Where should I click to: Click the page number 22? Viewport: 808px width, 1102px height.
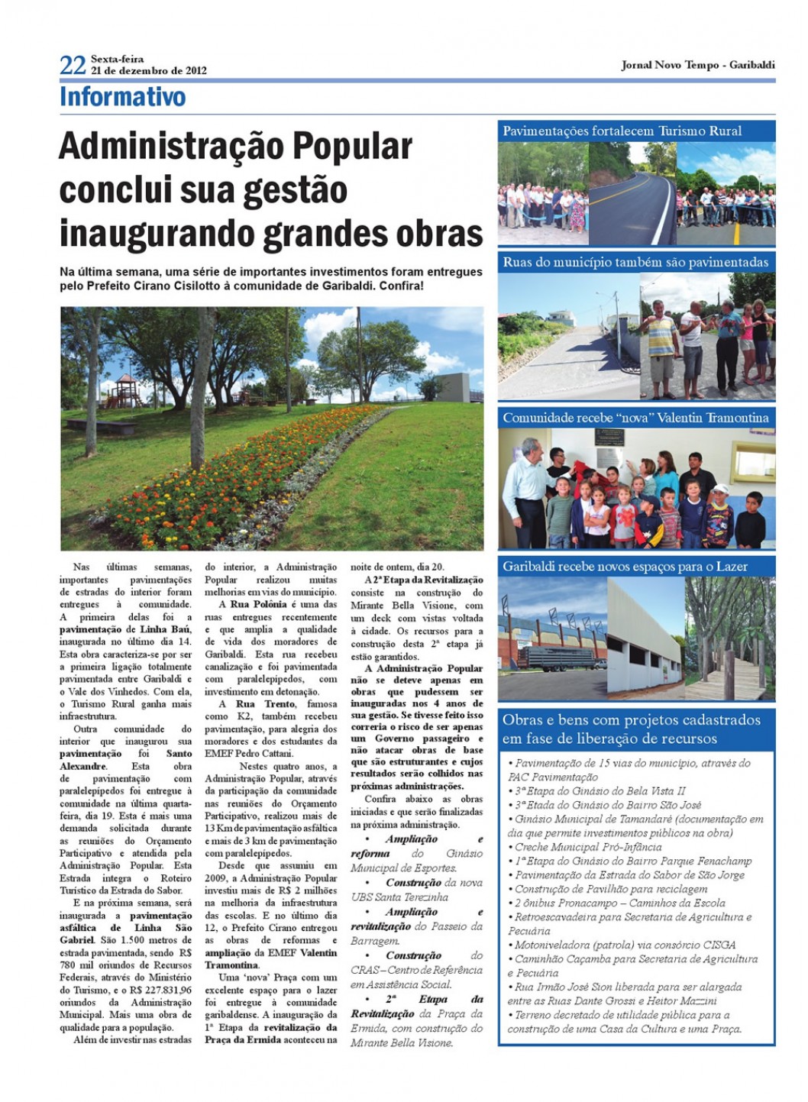(x=73, y=65)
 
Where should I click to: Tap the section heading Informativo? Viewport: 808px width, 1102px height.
(x=122, y=97)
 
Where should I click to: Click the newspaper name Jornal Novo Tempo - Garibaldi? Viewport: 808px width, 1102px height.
(x=697, y=65)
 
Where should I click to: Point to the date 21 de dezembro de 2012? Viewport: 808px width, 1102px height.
(x=149, y=70)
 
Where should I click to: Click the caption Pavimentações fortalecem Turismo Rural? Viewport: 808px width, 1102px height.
(x=622, y=131)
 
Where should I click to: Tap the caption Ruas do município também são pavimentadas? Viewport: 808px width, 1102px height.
(x=635, y=262)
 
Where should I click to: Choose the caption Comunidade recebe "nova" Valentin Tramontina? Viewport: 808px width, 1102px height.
(x=635, y=418)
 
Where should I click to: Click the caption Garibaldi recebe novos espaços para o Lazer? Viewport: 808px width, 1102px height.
(x=625, y=567)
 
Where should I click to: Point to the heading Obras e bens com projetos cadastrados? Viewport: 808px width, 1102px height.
(x=631, y=720)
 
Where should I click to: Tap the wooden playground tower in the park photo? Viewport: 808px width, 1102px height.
(x=122, y=390)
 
